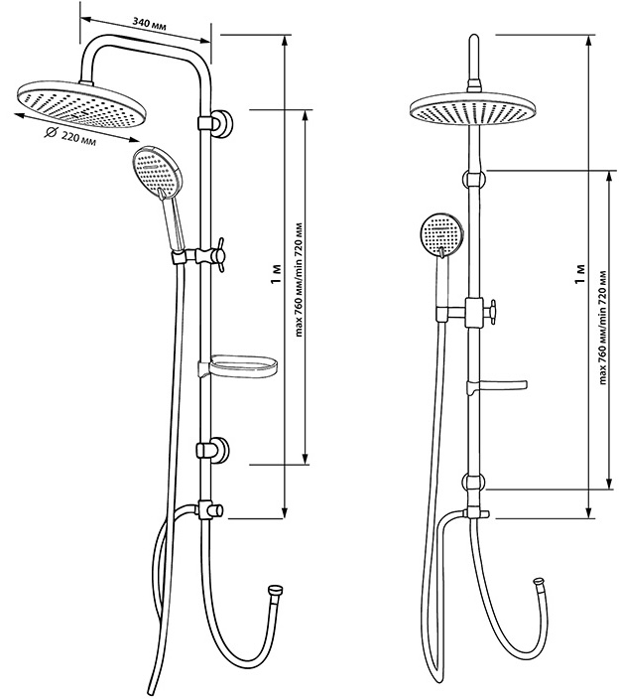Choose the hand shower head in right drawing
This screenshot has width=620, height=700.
tap(439, 235)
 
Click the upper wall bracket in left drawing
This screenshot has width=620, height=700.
tap(216, 123)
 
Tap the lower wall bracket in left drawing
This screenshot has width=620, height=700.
tap(215, 451)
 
